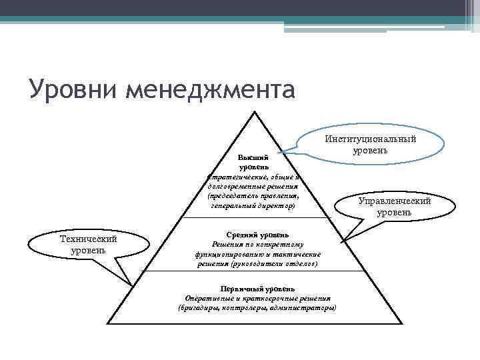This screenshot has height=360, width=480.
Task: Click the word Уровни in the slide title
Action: click(x=65, y=89)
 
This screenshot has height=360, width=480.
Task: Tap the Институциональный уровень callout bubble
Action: click(x=370, y=144)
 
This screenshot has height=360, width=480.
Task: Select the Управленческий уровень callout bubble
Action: click(x=394, y=207)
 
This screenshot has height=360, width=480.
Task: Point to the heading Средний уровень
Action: click(x=257, y=235)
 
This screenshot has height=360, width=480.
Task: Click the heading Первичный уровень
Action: click(x=257, y=288)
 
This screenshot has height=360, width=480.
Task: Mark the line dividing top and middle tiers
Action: click(x=255, y=217)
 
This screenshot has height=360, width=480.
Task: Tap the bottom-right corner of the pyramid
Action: click(x=401, y=324)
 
